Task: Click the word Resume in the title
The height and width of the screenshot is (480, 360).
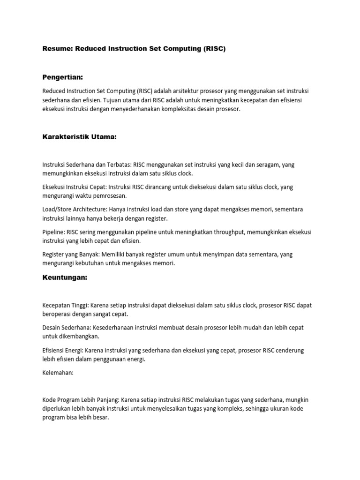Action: point(56,49)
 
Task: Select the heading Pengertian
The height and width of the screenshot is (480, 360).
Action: point(62,76)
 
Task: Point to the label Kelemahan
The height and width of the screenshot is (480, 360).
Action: point(58,374)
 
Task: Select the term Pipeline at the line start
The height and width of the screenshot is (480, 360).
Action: point(53,232)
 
